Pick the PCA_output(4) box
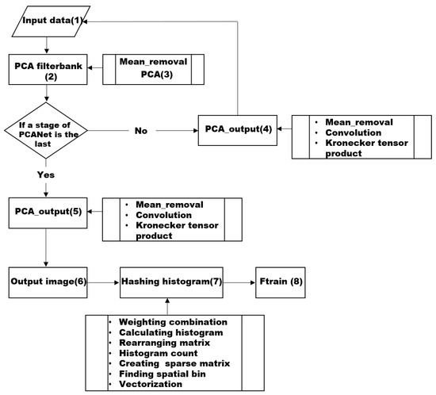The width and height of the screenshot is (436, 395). [235, 128]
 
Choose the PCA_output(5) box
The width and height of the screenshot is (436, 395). [46, 213]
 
